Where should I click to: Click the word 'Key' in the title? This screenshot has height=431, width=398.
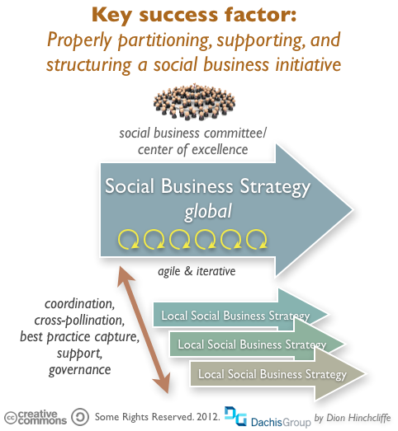pos(111,15)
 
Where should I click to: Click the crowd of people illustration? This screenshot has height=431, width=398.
pos(194,101)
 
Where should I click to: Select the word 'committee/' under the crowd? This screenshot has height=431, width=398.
pos(235,134)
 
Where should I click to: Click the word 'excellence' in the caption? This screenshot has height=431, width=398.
pos(220,150)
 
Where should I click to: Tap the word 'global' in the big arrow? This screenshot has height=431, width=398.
pos(208,212)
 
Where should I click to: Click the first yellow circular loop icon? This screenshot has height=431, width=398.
pos(128,239)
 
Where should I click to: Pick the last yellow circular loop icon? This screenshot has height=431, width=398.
pos(257,239)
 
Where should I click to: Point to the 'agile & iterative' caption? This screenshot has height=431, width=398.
pos(197,271)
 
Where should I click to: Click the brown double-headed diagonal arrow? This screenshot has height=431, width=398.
pos(143,330)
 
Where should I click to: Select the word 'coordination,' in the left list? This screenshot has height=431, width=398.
pos(79,304)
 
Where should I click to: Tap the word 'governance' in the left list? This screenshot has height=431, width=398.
pos(79,370)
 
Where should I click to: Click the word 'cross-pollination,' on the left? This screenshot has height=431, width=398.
pos(79,321)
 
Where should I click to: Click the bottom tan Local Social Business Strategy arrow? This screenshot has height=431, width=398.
pos(277,374)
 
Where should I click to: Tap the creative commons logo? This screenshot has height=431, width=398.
pos(36,417)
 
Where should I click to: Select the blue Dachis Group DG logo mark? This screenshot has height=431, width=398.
pos(235,416)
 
